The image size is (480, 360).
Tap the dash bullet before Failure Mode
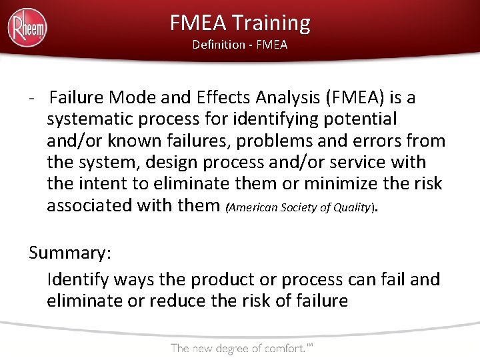(x=33, y=99)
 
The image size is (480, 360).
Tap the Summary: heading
(x=70, y=254)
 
